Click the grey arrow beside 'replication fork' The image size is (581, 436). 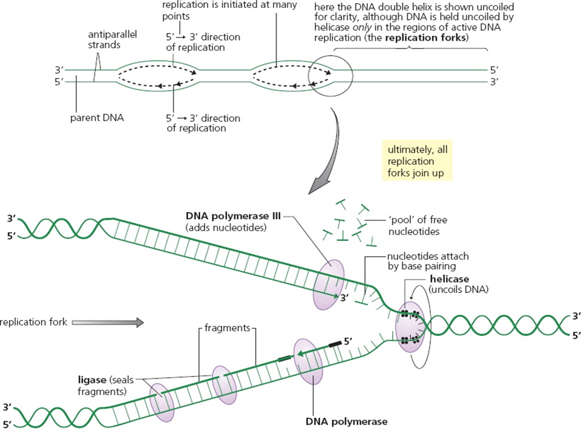click(x=107, y=323)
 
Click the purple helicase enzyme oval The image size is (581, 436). click(x=409, y=326)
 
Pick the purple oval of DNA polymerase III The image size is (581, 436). click(x=328, y=283)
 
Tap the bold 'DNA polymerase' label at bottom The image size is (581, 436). click(x=347, y=421)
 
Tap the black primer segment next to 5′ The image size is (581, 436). click(x=334, y=343)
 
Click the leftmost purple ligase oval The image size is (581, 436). click(x=162, y=401)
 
